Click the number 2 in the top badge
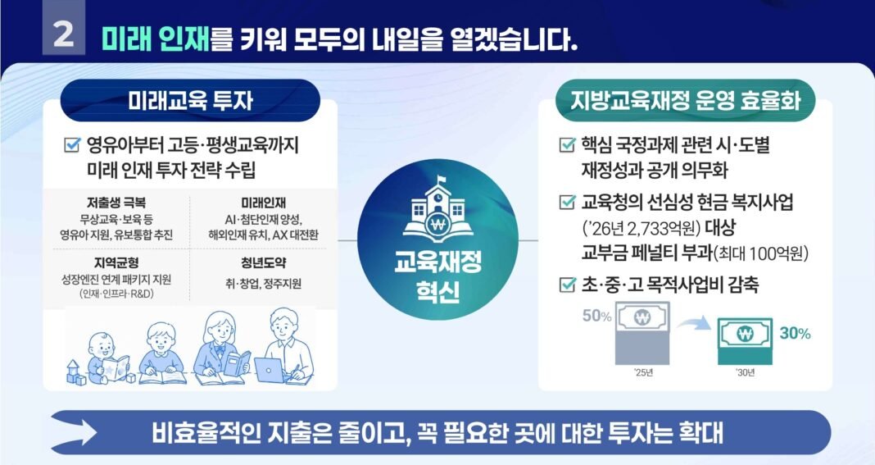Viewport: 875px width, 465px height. (x=64, y=34)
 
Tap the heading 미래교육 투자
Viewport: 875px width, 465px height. (x=190, y=101)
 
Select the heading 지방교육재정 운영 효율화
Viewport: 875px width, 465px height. (x=685, y=101)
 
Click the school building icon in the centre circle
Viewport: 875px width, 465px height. (x=438, y=209)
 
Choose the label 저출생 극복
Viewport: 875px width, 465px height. (x=116, y=203)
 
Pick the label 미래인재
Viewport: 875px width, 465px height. (x=263, y=203)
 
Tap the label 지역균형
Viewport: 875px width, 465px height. (x=116, y=262)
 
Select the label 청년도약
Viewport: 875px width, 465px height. (x=263, y=262)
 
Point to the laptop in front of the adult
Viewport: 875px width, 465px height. (x=270, y=370)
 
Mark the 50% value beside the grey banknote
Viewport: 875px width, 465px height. (x=596, y=317)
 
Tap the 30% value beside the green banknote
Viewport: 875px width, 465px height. (x=796, y=334)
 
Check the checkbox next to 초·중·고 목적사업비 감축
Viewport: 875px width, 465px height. (x=567, y=285)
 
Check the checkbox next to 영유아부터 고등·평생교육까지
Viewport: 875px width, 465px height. (x=72, y=145)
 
